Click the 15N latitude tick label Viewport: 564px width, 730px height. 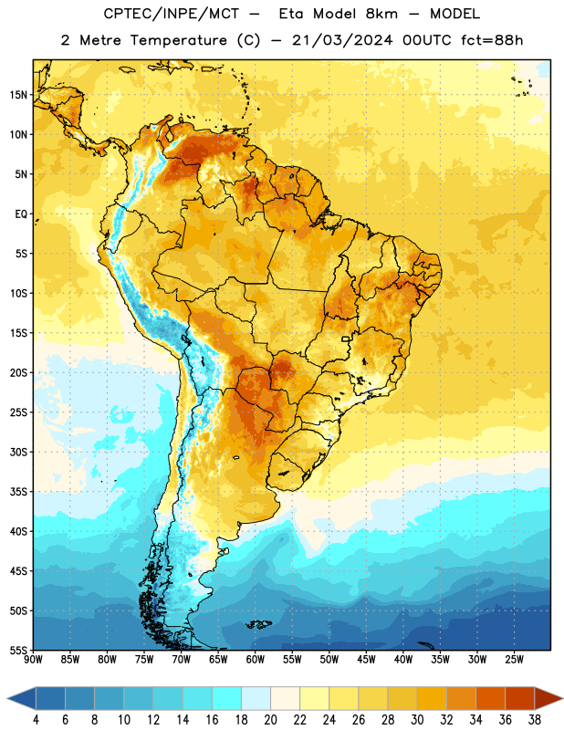(x=18, y=95)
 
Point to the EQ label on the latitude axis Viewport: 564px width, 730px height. (x=21, y=214)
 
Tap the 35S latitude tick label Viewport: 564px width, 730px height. (x=18, y=492)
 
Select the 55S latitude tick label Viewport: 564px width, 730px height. (x=18, y=650)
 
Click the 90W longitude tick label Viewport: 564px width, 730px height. (x=34, y=659)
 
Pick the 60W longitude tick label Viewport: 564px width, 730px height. (x=256, y=659)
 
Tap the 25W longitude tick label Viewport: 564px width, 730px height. (x=514, y=659)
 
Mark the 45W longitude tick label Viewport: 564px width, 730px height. (x=367, y=659)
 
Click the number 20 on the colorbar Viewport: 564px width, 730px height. (x=270, y=720)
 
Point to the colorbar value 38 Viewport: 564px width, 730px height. (x=535, y=720)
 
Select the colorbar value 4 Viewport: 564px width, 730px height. (x=36, y=720)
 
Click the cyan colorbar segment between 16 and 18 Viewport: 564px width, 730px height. (x=227, y=698)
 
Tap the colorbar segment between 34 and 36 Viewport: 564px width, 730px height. (x=490, y=698)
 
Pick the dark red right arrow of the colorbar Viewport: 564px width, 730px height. (x=548, y=698)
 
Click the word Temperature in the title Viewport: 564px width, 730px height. (x=179, y=40)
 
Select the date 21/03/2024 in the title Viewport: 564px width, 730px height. (x=342, y=40)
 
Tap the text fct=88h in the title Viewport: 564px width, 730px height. (x=492, y=40)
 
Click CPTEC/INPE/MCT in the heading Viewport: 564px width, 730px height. (x=172, y=14)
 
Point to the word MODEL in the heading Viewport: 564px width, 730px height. (x=454, y=14)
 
